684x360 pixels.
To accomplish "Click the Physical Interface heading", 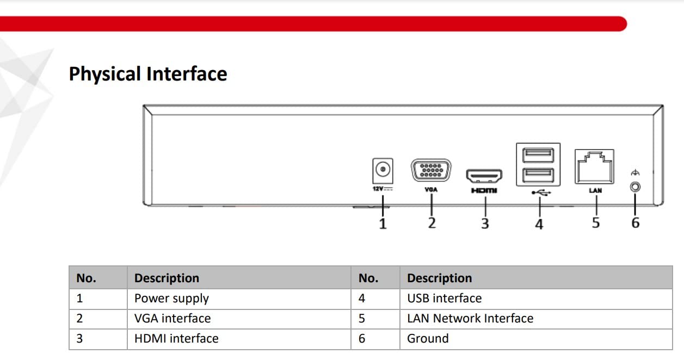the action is point(148,74).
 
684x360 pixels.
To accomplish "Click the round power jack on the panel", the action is point(383,169).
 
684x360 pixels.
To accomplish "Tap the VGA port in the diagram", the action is point(431,170).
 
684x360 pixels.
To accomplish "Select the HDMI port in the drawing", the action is point(484,176).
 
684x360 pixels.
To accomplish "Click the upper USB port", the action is point(538,155).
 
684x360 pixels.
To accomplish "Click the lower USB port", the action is point(538,176).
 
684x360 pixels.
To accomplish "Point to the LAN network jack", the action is point(594,166).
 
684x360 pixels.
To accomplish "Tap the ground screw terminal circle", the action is point(635,187).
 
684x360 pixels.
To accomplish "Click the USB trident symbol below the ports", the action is point(541,193).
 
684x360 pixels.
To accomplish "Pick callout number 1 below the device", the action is point(383,224).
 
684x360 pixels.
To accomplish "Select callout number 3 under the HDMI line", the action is point(485,224).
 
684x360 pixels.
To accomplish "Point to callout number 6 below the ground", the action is point(636,223).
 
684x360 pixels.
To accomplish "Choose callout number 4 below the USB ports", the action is point(539,224).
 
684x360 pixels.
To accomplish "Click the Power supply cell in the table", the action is point(171,299).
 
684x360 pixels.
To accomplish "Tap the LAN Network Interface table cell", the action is point(470,319).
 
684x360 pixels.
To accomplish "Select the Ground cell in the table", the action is point(428,339).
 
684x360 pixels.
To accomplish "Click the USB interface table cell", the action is point(444,299).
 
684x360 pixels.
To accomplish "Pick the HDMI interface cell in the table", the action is point(176,339).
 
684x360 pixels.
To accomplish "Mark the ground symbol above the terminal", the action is point(635,173).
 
